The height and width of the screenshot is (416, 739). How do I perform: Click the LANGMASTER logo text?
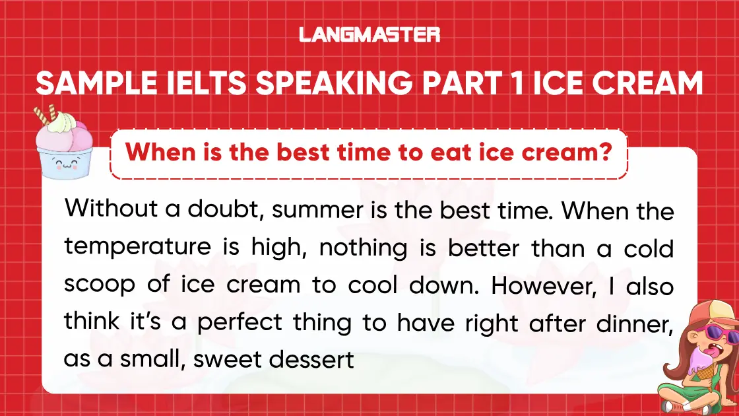[x=369, y=34]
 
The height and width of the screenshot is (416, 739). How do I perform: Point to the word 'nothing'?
[x=346, y=248]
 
